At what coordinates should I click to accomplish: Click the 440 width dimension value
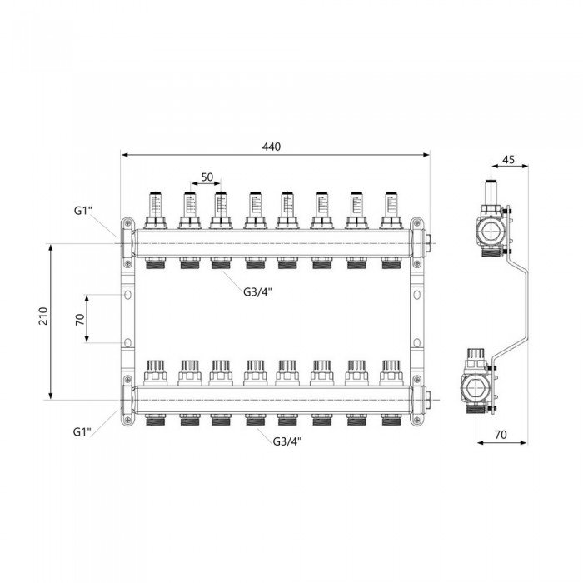272,147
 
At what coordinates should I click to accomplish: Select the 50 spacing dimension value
207,178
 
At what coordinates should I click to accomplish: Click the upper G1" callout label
81,210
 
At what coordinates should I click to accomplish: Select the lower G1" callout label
81,431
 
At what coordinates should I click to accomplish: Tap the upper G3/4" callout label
257,291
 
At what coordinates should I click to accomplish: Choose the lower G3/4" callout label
287,440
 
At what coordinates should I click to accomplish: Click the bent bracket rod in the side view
519,308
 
